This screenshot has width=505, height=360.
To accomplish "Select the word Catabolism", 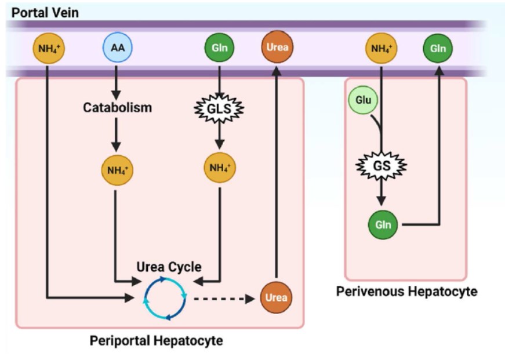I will pos(117,108).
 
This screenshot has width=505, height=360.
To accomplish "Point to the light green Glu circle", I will pos(363,100).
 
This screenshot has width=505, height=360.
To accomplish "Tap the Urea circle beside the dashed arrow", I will pos(276,297).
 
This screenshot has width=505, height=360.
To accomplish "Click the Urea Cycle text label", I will pos(169,267).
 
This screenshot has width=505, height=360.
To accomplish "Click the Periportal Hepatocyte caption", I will pos(156,340).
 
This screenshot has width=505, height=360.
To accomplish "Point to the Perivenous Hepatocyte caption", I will pos(406,291).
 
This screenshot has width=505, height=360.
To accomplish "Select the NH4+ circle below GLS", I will pos(220,168).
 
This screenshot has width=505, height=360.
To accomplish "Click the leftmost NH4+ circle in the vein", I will pos(48,48).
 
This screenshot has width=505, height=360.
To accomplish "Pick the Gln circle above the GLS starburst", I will pos(220,48).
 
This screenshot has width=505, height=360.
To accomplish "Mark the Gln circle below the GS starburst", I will pos(383,224).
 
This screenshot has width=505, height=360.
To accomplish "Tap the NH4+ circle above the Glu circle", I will pos(381,48).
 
